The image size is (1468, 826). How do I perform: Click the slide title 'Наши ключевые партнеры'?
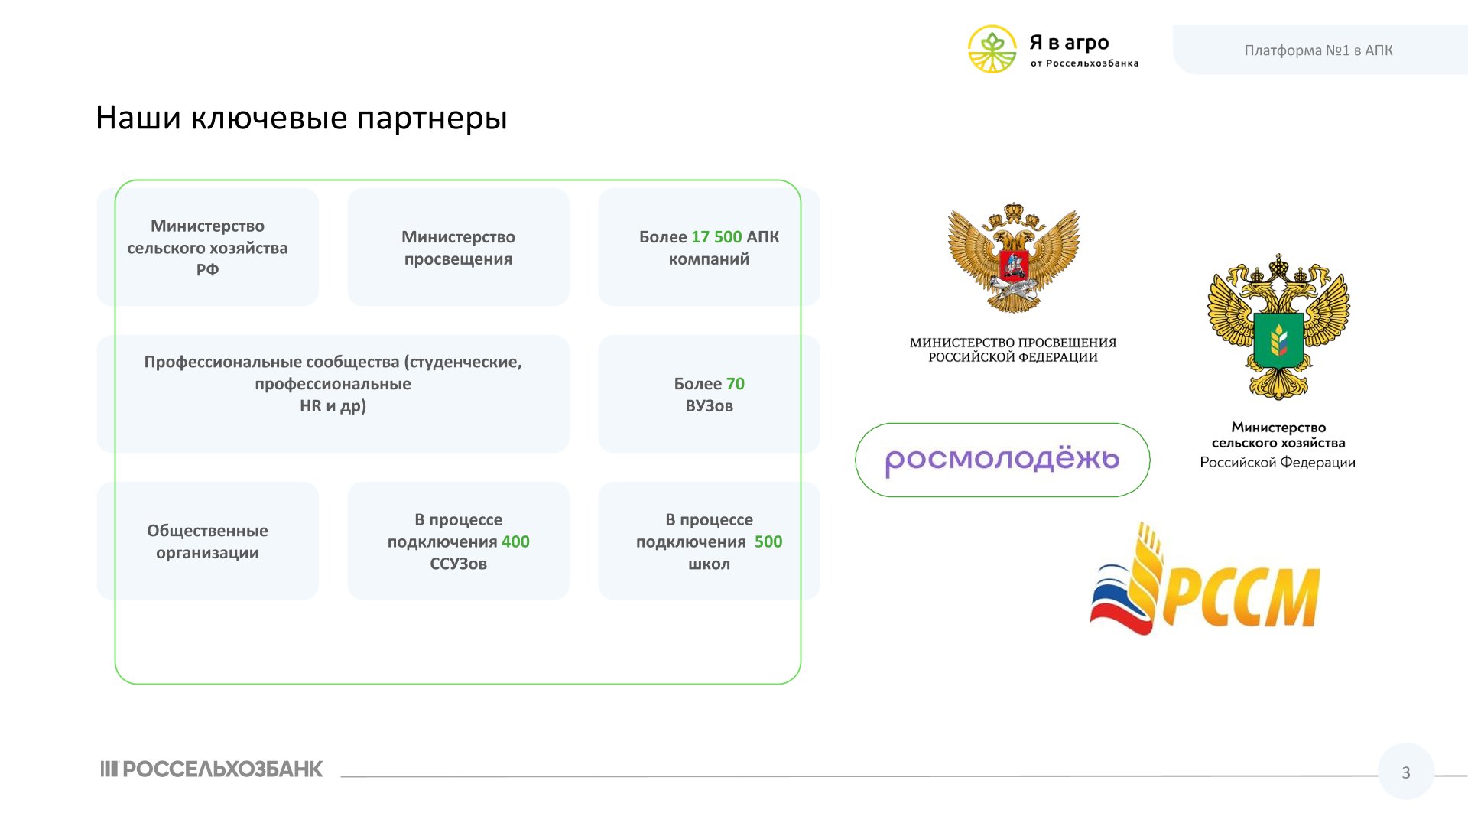click(x=301, y=119)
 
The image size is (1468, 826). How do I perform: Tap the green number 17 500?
click(x=716, y=237)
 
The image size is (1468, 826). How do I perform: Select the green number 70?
click(x=736, y=384)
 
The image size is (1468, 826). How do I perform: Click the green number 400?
click(x=515, y=541)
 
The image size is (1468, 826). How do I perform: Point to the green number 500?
click(x=768, y=541)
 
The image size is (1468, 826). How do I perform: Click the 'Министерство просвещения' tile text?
click(x=458, y=248)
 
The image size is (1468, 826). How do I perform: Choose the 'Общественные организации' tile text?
click(x=207, y=541)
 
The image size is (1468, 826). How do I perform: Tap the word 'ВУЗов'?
click(x=709, y=406)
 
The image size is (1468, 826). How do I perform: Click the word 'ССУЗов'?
click(x=458, y=564)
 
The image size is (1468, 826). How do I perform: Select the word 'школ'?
click(x=709, y=564)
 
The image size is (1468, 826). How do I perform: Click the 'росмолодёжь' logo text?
click(x=1002, y=460)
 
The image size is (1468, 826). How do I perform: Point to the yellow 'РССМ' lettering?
click(x=1242, y=597)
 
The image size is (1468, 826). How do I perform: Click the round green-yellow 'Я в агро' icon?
click(x=992, y=50)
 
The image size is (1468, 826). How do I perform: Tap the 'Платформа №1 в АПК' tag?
click(x=1319, y=50)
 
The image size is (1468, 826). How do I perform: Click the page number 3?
click(x=1406, y=772)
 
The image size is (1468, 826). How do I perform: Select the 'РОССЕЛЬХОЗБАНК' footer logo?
click(x=212, y=769)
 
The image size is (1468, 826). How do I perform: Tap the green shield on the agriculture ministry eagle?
click(x=1278, y=340)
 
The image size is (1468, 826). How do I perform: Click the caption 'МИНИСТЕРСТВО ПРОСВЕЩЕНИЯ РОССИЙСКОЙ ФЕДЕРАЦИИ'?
click(x=1013, y=350)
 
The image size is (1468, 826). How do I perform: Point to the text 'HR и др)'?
click(x=333, y=406)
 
